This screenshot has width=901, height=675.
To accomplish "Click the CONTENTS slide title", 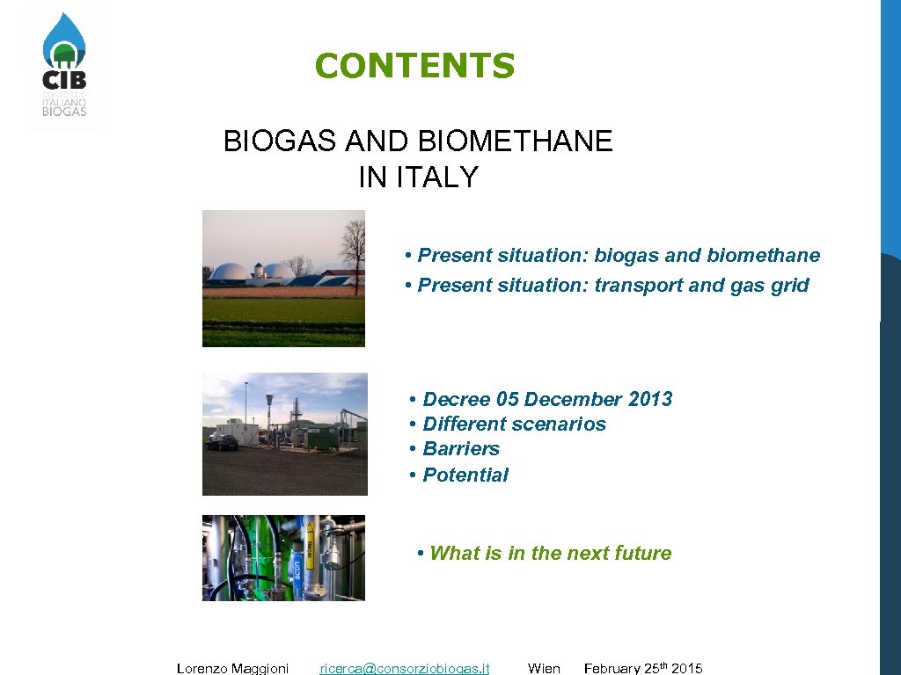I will [414, 66].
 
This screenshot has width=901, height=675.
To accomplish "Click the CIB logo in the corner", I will [65, 66].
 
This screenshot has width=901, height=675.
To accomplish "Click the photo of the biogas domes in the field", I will [283, 278].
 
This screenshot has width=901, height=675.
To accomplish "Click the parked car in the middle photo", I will [221, 442].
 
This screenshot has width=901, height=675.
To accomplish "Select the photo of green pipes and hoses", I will [283, 558].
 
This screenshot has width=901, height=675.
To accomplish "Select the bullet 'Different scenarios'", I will [509, 424].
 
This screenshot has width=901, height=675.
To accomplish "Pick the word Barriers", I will [460, 449].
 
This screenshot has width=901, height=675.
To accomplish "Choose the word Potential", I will [465, 475].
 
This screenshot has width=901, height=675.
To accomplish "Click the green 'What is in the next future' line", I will [545, 553].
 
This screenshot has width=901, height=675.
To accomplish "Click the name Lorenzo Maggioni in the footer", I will [232, 668].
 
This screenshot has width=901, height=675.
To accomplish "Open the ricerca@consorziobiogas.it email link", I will [405, 668].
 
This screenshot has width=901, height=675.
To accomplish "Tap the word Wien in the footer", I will [544, 668].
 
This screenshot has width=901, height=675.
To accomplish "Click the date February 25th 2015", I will [643, 668].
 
